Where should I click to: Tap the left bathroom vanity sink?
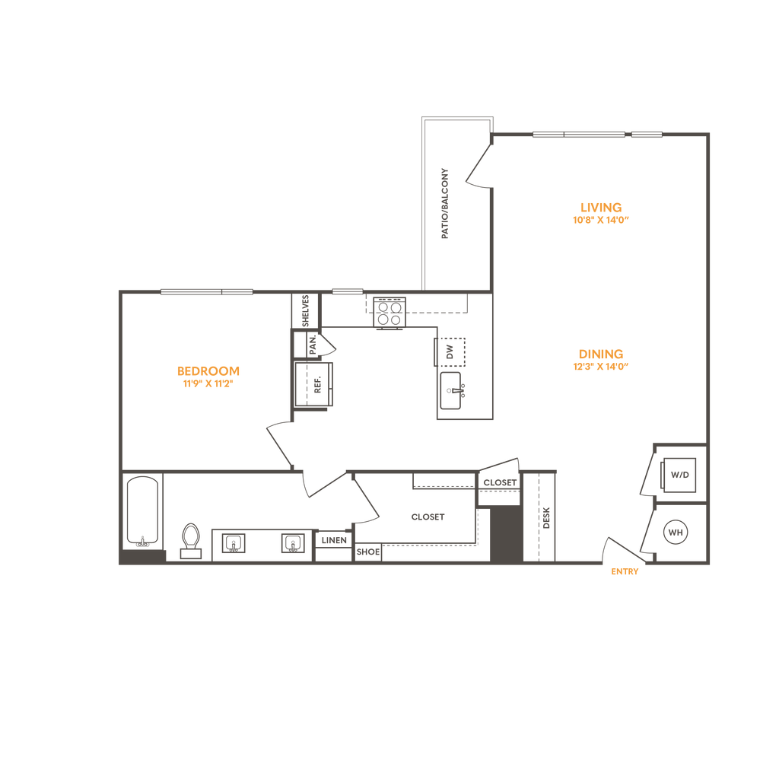[234, 543]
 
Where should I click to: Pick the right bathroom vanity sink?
[292, 543]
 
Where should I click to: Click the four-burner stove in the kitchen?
[389, 313]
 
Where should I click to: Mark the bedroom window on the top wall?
[206, 291]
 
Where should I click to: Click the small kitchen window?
[348, 291]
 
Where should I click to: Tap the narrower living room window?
[647, 135]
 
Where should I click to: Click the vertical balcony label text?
[445, 203]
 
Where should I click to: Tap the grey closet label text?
[427, 517]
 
